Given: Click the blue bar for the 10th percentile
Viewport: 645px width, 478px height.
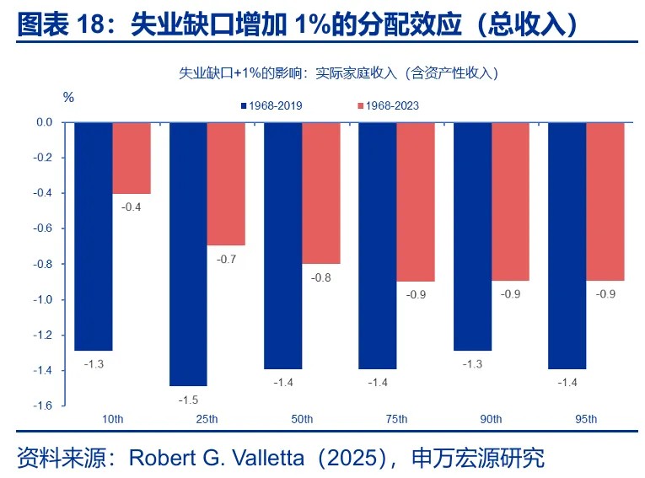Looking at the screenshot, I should pos(94,236).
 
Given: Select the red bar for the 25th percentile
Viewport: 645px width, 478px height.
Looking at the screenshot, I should pos(226,184).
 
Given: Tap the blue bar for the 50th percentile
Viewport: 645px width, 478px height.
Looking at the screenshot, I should pos(283,245).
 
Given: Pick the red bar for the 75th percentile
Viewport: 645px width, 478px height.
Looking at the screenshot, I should pos(416,201).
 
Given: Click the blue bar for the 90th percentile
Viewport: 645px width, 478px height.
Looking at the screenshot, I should pos(473,236).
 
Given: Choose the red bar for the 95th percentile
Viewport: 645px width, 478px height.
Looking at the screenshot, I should pos(605,201).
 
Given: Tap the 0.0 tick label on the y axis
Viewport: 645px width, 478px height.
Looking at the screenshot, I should pos(44,122).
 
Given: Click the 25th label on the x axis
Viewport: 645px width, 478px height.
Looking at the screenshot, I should pos(207,419).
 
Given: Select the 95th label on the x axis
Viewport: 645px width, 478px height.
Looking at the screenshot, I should pos(586,419).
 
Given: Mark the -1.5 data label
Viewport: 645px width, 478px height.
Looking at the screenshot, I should pos(188,400).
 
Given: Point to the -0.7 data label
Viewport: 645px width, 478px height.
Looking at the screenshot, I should pos(226,259).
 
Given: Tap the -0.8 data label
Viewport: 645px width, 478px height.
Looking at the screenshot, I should pos(320,277).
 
